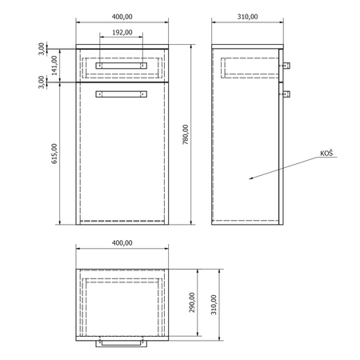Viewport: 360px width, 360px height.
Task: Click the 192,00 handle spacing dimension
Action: click(x=122, y=33)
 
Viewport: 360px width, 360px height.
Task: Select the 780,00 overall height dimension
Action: click(x=186, y=134)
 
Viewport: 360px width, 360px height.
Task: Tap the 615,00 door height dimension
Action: click(x=54, y=154)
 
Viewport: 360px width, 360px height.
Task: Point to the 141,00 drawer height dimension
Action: click(x=54, y=66)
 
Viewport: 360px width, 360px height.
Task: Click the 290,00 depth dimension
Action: click(x=192, y=302)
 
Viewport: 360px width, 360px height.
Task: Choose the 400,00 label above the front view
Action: click(x=122, y=17)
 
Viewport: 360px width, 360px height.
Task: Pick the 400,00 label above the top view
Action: click(x=122, y=243)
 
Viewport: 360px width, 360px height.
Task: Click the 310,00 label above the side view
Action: click(x=247, y=17)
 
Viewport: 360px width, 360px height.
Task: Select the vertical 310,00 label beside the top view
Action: click(x=214, y=305)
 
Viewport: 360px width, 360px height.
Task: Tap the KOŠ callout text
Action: click(x=326, y=153)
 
